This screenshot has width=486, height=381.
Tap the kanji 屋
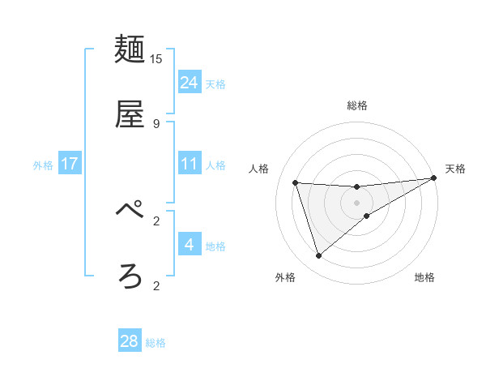pos(130,114)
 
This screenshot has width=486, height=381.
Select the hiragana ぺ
pos(130,212)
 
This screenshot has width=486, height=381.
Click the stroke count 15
pos(156,58)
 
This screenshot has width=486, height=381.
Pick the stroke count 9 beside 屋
pos(156,123)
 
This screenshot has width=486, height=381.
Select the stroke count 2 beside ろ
pos(156,285)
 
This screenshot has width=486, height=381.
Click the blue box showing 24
pos(190,83)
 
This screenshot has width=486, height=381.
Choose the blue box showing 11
pos(190,164)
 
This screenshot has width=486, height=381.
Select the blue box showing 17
pos(70,164)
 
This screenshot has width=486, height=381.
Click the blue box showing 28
pos(130,341)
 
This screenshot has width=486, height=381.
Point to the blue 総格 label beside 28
pos(156,343)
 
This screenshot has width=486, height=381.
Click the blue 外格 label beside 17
pos(43,165)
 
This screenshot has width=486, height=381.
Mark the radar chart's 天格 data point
pos(433,178)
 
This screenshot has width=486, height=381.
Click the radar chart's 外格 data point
pos(319,256)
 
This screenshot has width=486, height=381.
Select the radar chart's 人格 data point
pos(296,182)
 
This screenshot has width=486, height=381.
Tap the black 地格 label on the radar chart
pos(424,278)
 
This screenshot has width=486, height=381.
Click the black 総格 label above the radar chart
pos(357,105)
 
